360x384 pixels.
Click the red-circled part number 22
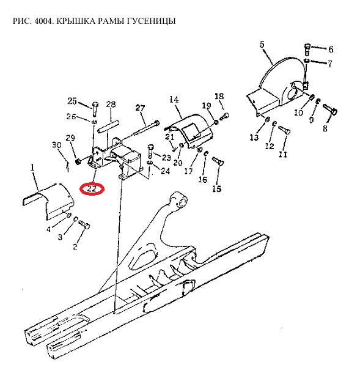tap(92, 189)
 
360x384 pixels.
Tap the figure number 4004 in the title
tap(43, 21)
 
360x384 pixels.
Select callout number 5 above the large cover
tap(262, 44)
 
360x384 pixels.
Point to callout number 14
tap(174, 100)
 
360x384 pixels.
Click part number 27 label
tap(140, 108)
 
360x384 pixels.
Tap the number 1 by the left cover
tap(32, 168)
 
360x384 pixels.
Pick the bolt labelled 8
tap(331, 109)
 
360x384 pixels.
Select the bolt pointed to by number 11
tap(284, 130)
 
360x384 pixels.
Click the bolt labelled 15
tap(218, 160)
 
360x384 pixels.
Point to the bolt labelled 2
tap(84, 224)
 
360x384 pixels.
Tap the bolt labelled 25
tap(95, 109)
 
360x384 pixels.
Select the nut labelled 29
tap(78, 161)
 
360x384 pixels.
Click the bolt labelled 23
tap(150, 152)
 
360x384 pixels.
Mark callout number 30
tap(56, 145)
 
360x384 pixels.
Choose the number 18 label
tap(219, 96)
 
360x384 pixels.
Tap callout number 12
tap(270, 146)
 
